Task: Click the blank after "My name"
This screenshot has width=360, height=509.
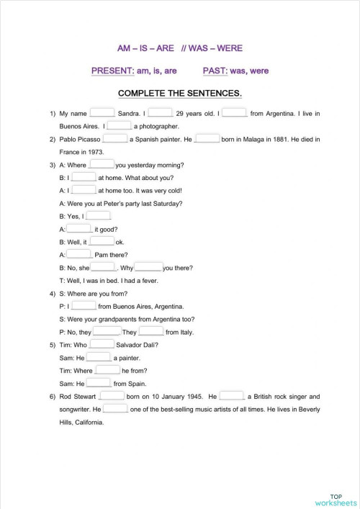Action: pos(102,113)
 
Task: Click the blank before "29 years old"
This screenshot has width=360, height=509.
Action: pos(161,113)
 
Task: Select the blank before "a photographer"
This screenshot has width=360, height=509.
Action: pos(119,126)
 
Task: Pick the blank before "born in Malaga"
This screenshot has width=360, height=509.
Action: pos(207,139)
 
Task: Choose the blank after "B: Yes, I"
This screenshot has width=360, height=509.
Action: pos(98,216)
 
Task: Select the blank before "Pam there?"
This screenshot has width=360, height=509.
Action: pos(79,255)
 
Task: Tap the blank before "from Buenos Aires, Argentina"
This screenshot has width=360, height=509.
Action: pos(84,305)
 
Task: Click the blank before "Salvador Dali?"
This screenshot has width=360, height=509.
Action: pos(102,344)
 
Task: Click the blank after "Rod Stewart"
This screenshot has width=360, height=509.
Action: pos(112,396)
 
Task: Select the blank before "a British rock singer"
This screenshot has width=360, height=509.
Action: pos(232,396)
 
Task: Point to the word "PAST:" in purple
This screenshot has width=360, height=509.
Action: pos(217,71)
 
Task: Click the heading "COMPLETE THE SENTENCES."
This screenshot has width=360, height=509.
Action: pos(179,94)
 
